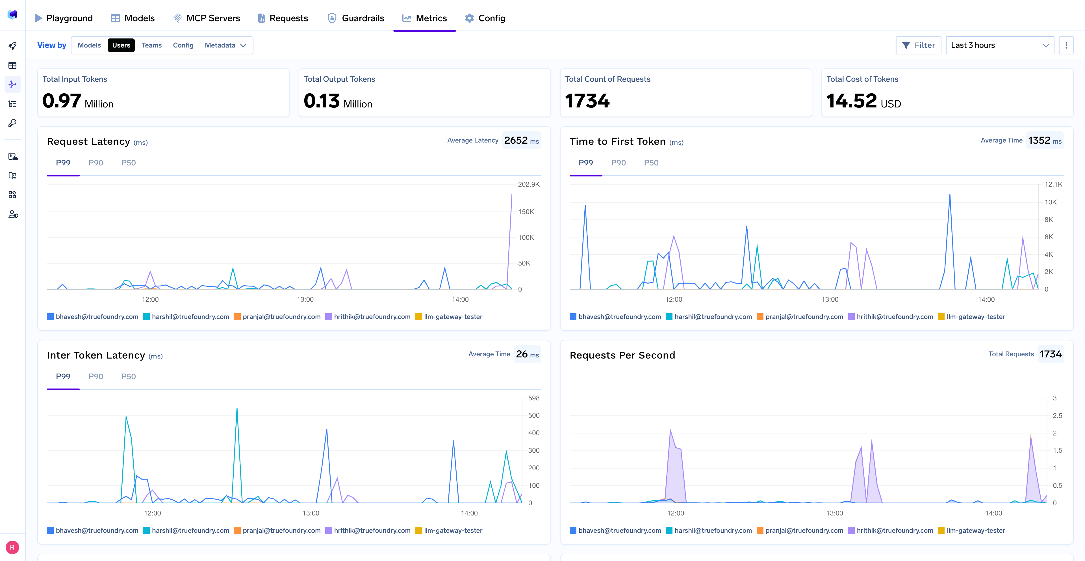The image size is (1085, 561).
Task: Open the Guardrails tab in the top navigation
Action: coord(356,18)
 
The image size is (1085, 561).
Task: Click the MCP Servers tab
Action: coord(207,18)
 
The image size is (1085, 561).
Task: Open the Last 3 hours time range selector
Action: coord(999,45)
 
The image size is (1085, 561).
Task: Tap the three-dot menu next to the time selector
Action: coord(1066,45)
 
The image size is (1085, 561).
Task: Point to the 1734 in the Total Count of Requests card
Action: coord(587,101)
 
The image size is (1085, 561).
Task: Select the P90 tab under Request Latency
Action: coord(96,163)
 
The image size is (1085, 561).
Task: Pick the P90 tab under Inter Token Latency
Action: coord(96,376)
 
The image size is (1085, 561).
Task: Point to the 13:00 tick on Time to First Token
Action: coord(830,299)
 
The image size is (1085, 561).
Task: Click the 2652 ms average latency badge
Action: coord(521,140)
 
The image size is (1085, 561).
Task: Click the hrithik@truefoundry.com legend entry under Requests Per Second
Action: coord(890,530)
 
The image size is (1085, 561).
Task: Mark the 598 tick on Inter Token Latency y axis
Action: coord(534,398)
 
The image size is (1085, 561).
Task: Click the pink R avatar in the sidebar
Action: coord(12,547)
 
